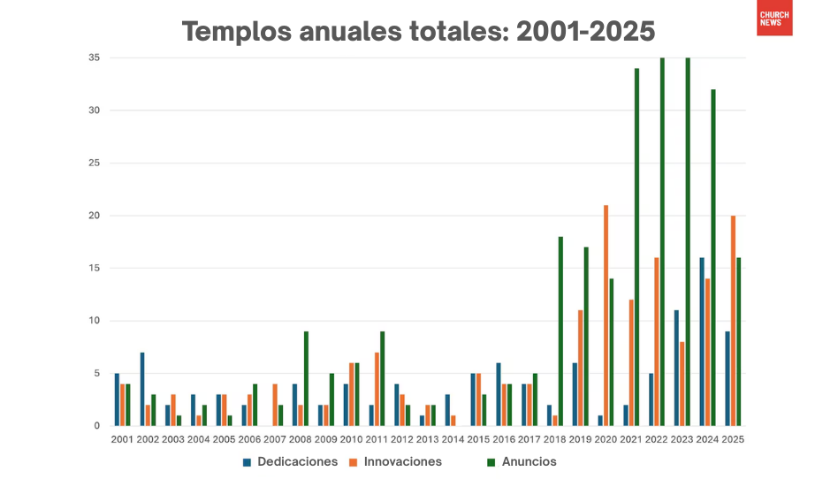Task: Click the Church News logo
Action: coord(774,18)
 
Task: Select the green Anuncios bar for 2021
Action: coord(636,247)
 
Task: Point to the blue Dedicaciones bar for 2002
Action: coord(142,389)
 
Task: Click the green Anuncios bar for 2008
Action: coord(306,378)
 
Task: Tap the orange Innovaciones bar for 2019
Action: coord(580,368)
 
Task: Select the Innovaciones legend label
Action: coord(402,461)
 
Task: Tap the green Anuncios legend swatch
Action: coord(491,461)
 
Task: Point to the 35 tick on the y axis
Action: coord(94,58)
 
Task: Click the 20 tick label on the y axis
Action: coord(94,216)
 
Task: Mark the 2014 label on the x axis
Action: coord(453,439)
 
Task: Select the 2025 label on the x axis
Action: coord(733,439)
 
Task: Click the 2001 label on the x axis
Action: coord(122,439)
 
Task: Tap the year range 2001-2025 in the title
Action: coord(585,32)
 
